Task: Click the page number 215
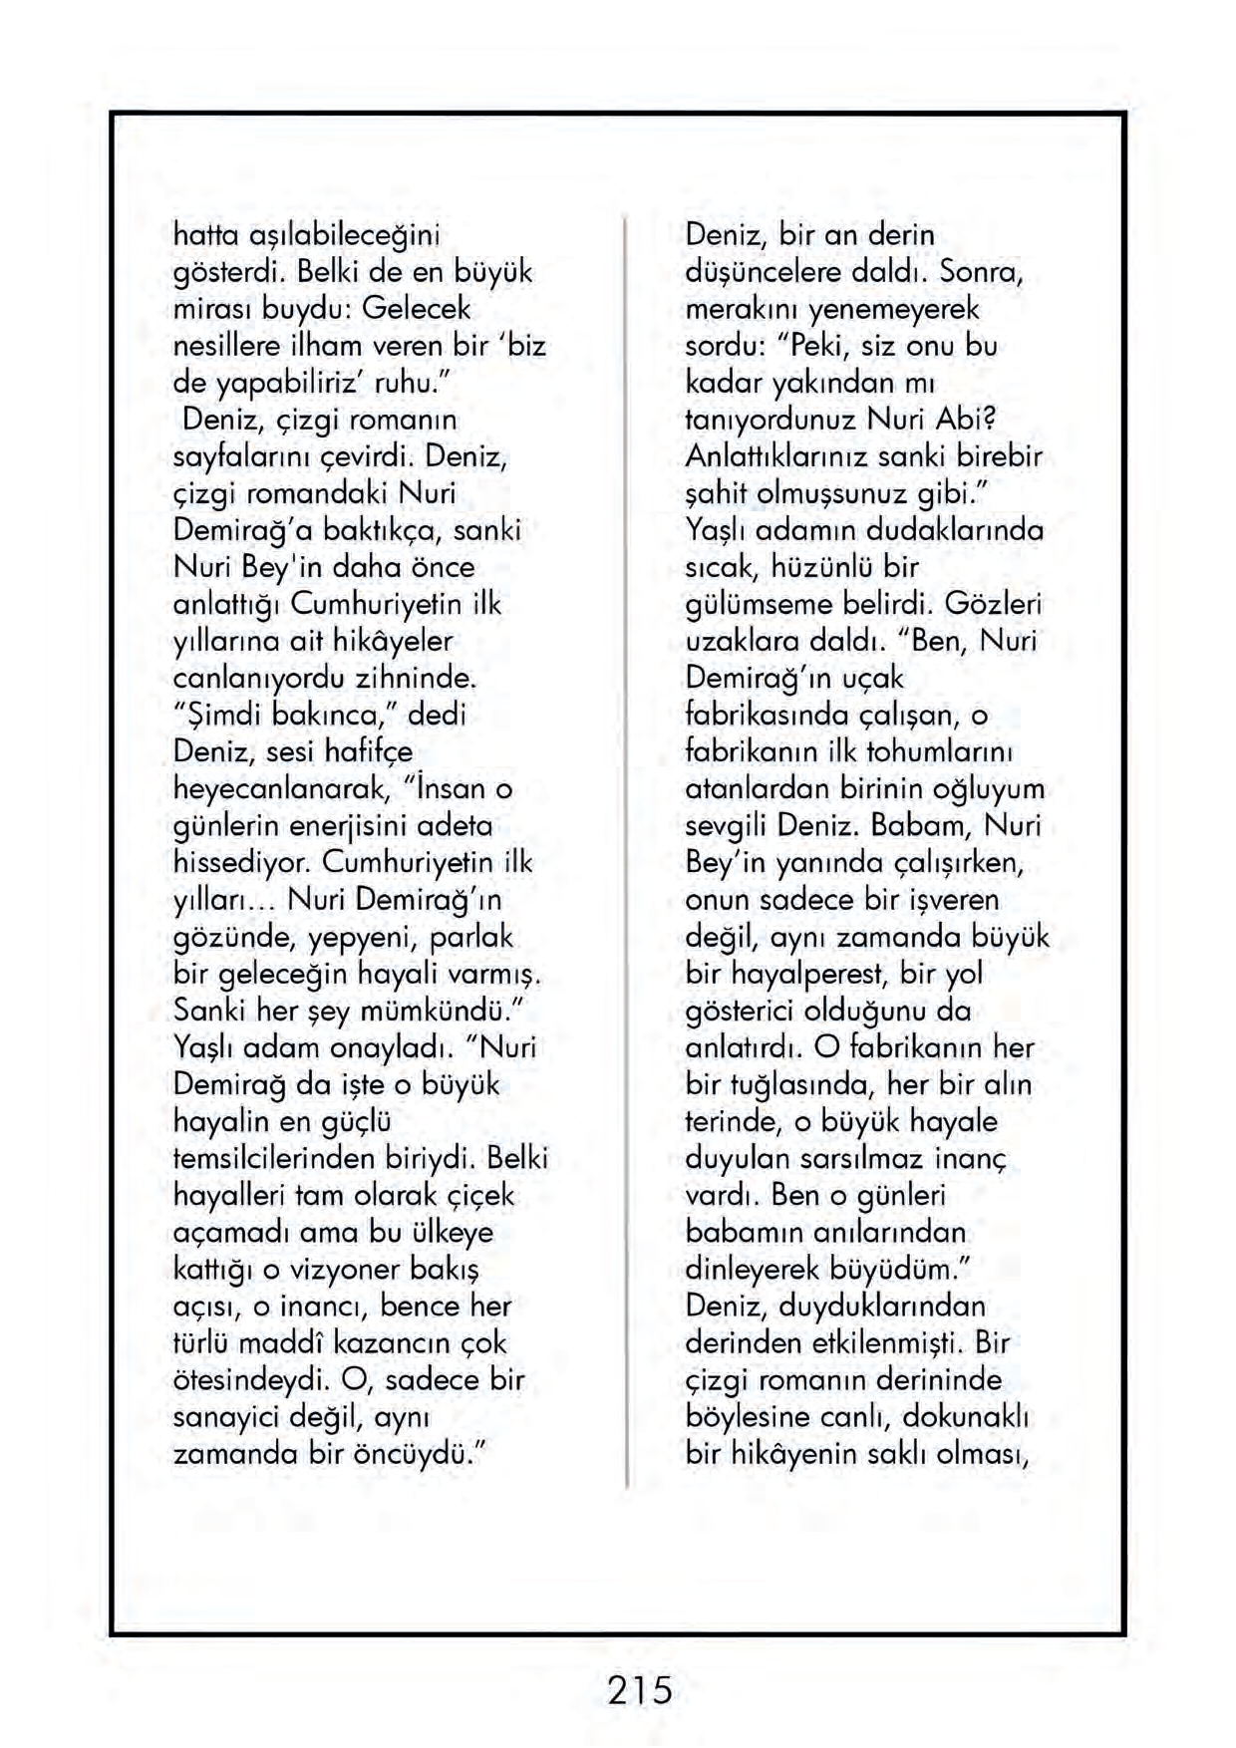(x=639, y=1690)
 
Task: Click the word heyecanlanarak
(x=280, y=789)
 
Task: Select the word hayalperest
(x=808, y=973)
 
